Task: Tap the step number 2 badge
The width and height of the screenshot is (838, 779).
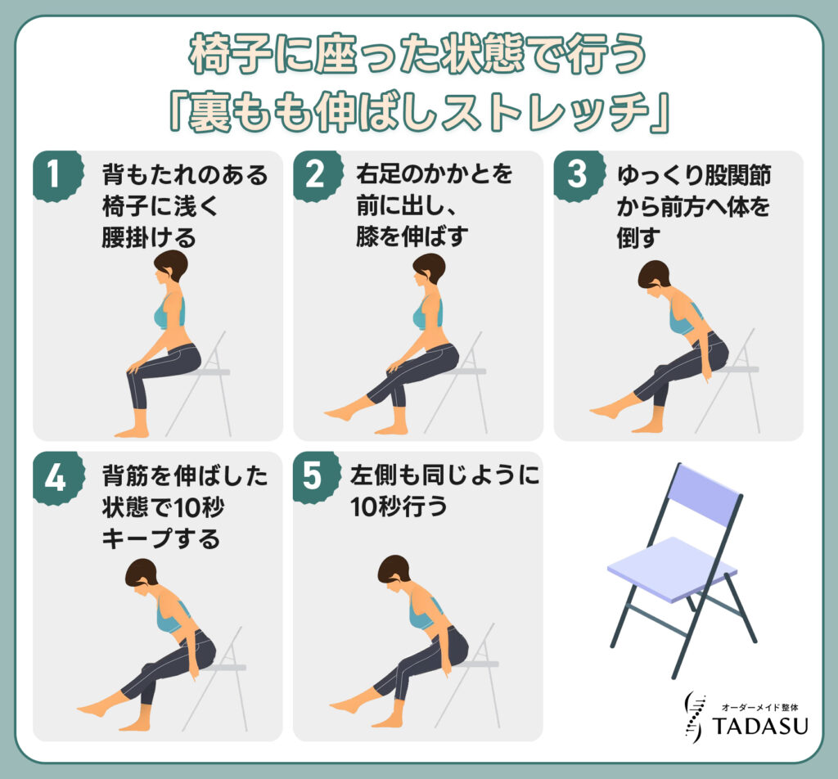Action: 314,175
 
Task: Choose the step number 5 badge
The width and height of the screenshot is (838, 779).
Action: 314,477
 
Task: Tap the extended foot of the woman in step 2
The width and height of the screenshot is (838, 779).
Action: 338,413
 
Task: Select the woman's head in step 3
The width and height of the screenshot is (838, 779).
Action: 653,275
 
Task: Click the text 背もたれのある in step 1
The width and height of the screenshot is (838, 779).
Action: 185,175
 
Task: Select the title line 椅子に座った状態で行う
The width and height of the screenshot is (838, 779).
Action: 418,56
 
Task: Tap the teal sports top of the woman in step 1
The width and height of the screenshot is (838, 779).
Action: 172,313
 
